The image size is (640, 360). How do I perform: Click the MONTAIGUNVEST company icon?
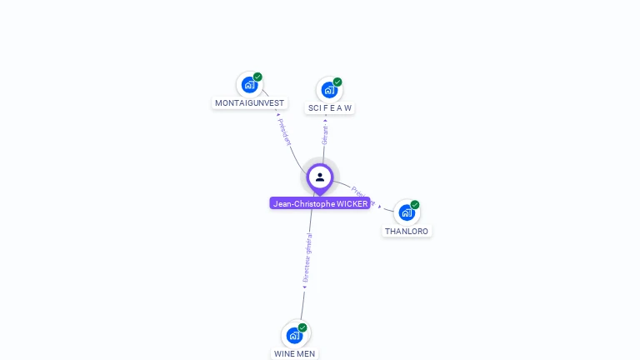(x=248, y=84)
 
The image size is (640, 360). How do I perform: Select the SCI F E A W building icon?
(x=328, y=89)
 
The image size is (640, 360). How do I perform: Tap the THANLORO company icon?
(x=406, y=212)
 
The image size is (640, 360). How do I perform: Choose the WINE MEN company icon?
(x=294, y=335)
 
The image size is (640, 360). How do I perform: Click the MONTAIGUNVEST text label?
(x=249, y=103)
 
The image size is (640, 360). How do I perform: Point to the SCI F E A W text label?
(x=330, y=108)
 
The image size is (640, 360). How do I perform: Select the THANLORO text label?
(x=407, y=231)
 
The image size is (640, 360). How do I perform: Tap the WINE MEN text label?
(x=295, y=353)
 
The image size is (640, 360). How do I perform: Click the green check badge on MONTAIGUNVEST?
(x=258, y=77)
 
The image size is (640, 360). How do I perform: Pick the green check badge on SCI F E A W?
(x=337, y=82)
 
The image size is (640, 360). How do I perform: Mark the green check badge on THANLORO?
(x=415, y=205)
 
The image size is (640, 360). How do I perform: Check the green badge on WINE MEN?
(x=302, y=327)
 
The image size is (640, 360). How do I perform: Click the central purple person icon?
(x=320, y=177)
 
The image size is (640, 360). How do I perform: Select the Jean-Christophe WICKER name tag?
(x=320, y=203)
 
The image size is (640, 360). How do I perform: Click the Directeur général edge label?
(x=307, y=257)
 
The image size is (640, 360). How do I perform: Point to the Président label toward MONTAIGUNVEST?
(x=284, y=132)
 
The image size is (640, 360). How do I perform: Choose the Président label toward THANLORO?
(x=363, y=196)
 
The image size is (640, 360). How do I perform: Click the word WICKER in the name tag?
(x=352, y=203)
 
